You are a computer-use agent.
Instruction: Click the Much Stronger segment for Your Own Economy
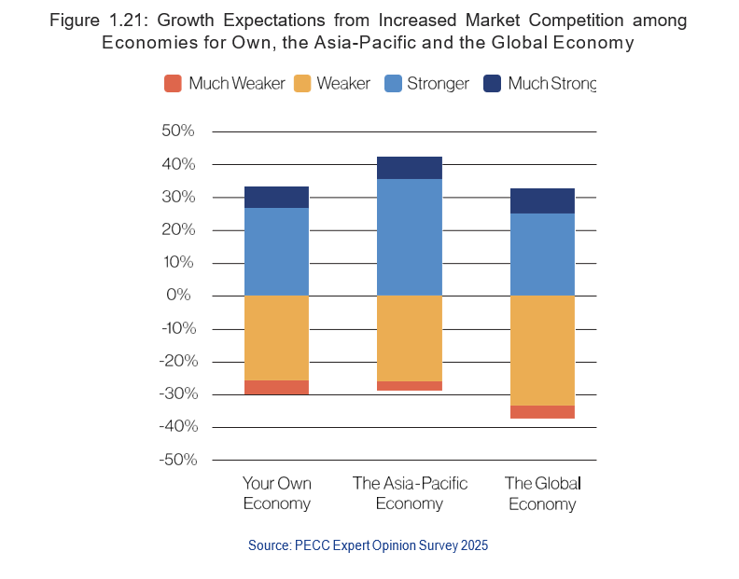pos(276,197)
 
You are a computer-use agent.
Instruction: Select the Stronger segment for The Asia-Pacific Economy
pos(409,237)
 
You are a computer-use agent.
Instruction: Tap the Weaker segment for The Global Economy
pos(542,351)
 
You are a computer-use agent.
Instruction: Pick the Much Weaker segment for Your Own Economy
pos(276,387)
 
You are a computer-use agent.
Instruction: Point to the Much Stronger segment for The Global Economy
pos(542,200)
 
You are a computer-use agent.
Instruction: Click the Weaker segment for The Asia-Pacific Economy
pos(409,338)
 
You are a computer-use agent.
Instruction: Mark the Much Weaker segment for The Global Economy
pos(542,412)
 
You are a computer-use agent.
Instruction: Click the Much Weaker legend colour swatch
pos(173,84)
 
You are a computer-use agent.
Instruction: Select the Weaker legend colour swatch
pos(300,84)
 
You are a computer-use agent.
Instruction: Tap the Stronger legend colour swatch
pos(393,84)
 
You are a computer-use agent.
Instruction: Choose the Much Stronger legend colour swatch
pos(493,84)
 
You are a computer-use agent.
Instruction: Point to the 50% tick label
pos(177,131)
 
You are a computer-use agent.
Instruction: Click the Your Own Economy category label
pos(276,493)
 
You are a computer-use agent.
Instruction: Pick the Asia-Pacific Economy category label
pos(409,493)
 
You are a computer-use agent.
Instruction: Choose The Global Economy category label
pos(542,493)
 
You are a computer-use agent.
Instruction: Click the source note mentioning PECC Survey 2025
pos(368,545)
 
